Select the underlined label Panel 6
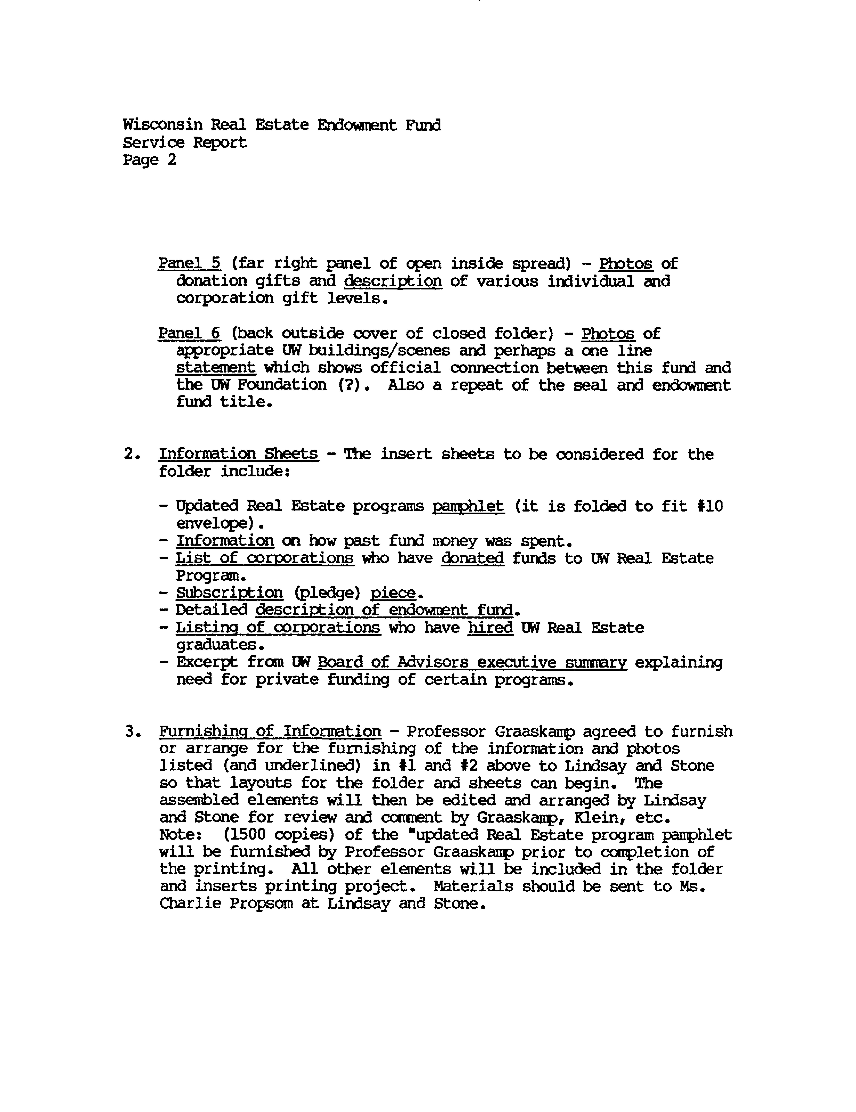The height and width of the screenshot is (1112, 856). [x=189, y=333]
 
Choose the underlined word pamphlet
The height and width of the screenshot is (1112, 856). [x=468, y=506]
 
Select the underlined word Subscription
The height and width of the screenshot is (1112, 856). [x=229, y=593]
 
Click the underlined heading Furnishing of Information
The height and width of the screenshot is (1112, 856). [x=270, y=732]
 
